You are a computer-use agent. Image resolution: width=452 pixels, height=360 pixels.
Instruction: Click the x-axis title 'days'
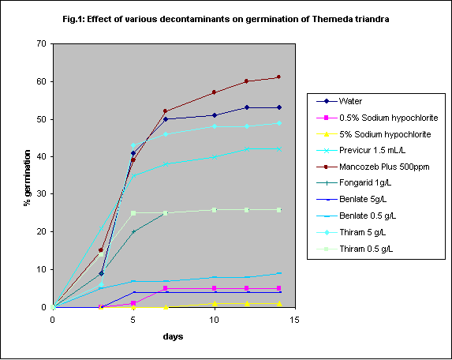[x=174, y=336]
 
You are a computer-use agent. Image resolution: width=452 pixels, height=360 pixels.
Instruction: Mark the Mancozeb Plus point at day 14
[x=279, y=77]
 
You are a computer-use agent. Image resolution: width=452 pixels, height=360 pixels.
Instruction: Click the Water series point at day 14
[x=279, y=107]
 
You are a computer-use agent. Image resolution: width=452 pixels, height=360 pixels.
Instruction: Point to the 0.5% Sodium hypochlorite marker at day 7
[x=166, y=288]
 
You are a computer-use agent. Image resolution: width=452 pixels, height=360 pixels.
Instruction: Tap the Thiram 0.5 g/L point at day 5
[x=134, y=213]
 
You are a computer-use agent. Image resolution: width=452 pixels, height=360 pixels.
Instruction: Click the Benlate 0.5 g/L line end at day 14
[x=279, y=273]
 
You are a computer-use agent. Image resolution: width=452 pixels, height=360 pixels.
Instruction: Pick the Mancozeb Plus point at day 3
[x=101, y=250]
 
